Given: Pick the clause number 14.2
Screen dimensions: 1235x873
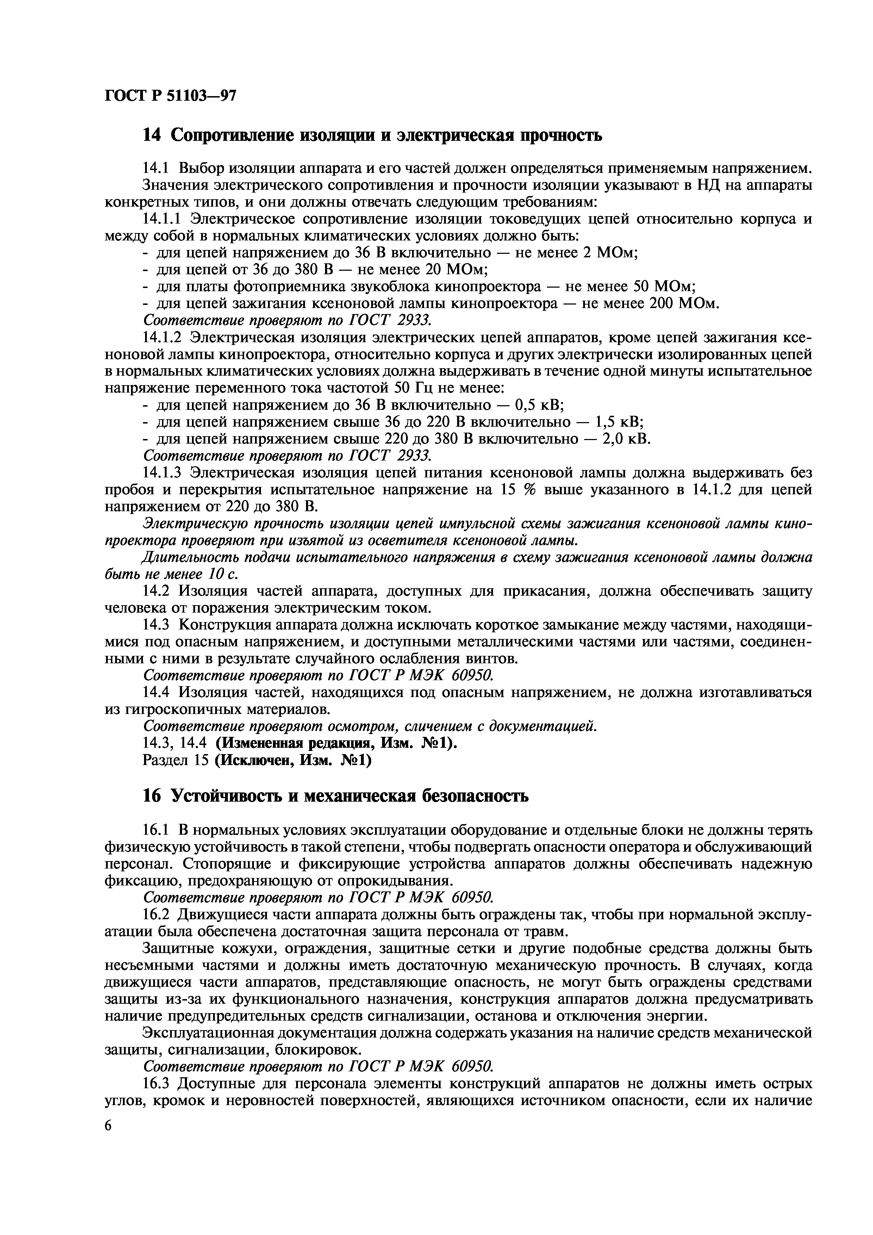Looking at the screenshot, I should click(156, 591).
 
